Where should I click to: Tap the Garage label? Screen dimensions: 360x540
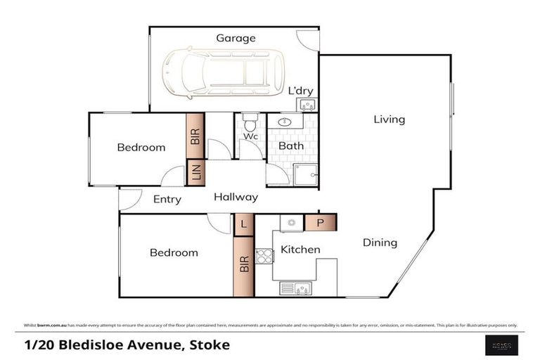click(236, 38)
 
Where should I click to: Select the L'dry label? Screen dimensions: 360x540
click(301, 91)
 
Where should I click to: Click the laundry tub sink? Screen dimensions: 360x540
click(307, 105)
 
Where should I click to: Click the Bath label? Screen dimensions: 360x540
click(290, 146)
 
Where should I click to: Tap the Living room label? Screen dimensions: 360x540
click(389, 120)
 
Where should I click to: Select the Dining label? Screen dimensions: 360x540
click(380, 243)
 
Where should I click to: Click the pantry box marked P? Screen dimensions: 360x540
click(321, 224)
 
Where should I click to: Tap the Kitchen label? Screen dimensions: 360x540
click(300, 250)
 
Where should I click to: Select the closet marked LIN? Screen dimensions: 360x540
click(195, 172)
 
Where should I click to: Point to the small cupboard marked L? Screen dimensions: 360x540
click(243, 224)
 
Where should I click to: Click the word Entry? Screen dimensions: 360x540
click(167, 200)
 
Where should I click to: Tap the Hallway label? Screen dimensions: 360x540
click(236, 198)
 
